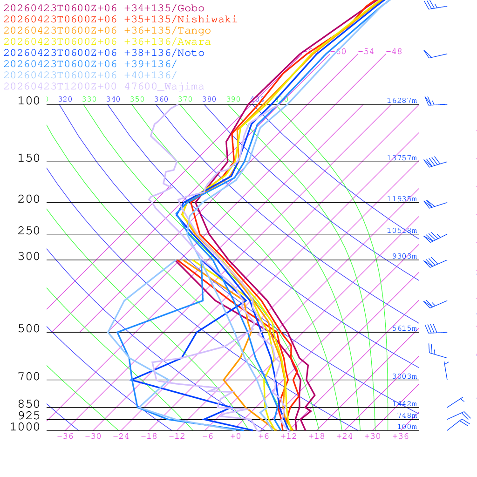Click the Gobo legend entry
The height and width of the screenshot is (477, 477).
tap(104, 8)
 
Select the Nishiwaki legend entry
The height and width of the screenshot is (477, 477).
tap(120, 20)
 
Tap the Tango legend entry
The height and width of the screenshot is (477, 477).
tap(107, 31)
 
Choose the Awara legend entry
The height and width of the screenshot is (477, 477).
tap(107, 42)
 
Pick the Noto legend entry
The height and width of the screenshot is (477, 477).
tap(104, 53)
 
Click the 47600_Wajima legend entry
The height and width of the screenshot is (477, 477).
tap(104, 87)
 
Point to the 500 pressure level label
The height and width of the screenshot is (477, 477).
tap(29, 329)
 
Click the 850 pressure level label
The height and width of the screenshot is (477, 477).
tap(29, 404)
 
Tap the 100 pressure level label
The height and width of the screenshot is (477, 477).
tap(29, 101)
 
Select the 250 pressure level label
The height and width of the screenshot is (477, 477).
tap(29, 231)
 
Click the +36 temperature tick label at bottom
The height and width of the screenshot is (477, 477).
tap(400, 436)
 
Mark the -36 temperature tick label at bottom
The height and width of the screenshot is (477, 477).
tap(65, 436)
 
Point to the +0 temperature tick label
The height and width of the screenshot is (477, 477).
tap(236, 436)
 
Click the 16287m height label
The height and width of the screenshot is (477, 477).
tap(402, 101)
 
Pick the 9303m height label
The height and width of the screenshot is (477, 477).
tap(404, 256)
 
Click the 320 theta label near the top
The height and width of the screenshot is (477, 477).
tap(65, 99)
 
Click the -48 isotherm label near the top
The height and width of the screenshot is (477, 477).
tap(394, 52)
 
